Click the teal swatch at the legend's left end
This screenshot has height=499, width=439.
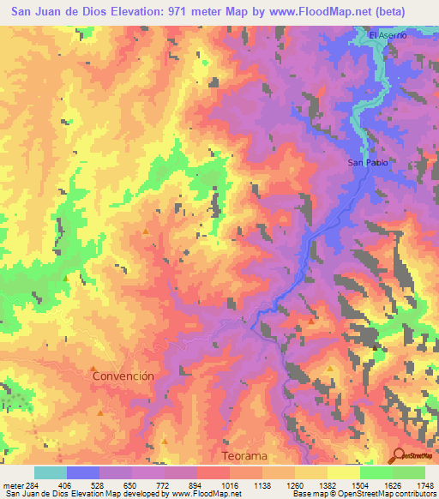[x=51, y=472]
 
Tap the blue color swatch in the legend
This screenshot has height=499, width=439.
[x=83, y=472]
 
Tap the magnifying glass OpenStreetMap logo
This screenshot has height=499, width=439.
[x=399, y=456]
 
